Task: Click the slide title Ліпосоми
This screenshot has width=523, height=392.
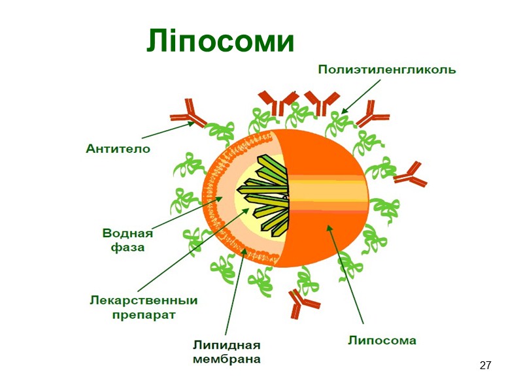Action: click(220, 41)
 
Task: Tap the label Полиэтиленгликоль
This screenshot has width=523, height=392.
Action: click(387, 69)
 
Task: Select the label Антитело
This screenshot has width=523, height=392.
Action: click(118, 149)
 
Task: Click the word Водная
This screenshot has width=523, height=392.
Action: click(128, 233)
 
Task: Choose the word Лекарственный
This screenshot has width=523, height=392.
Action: click(143, 301)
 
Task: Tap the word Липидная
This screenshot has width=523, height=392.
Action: click(227, 345)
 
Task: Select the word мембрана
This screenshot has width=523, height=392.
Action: click(227, 359)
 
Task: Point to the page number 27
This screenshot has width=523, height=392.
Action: click(485, 365)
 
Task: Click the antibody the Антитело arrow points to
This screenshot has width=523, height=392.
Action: click(188, 112)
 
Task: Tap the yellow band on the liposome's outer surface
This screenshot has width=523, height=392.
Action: click(326, 193)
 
